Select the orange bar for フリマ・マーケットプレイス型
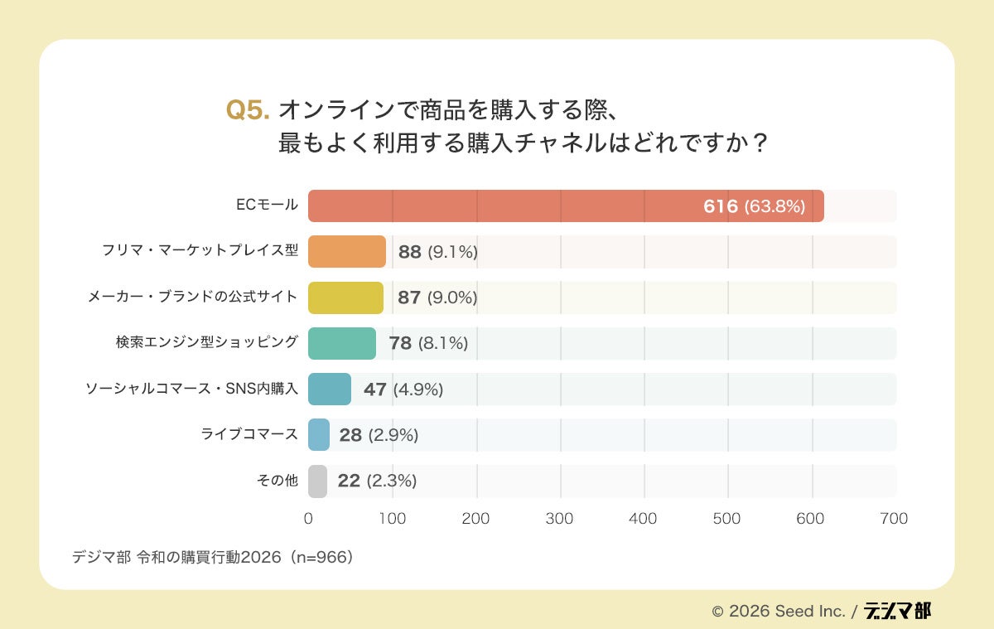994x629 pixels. tap(347, 252)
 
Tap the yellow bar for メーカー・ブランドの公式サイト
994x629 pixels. tap(345, 298)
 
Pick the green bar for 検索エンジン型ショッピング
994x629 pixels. tap(342, 343)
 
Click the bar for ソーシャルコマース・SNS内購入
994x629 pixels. tap(330, 389)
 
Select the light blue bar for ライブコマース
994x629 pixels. tap(319, 435)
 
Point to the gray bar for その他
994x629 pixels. tap(317, 481)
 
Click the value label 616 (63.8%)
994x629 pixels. tap(754, 206)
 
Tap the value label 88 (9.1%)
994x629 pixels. tap(437, 252)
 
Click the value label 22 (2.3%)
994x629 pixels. tap(377, 481)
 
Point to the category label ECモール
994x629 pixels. tap(266, 206)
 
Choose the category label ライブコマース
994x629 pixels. tap(248, 434)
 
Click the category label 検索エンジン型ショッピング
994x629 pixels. tap(206, 342)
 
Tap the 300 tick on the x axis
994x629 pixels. tap(560, 519)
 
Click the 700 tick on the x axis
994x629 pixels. tap(895, 519)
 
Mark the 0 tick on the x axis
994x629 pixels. tap(308, 519)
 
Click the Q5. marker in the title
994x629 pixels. tap(248, 111)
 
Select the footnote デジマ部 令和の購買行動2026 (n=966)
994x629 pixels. tap(213, 557)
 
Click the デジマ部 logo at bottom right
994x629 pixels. tap(897, 611)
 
